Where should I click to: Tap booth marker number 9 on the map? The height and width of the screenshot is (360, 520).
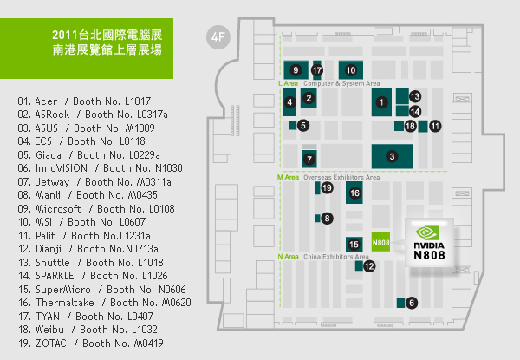(296, 69)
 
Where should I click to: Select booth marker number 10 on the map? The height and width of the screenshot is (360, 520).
(351, 69)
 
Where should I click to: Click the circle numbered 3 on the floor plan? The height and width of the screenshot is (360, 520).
(392, 156)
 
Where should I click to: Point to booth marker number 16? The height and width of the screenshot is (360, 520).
(354, 192)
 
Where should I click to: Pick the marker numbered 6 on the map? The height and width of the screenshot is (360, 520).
(411, 303)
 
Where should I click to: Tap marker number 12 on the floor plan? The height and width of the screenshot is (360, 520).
(369, 266)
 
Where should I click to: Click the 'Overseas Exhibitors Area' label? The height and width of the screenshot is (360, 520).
(341, 176)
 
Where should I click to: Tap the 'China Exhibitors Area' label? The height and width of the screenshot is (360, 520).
(335, 257)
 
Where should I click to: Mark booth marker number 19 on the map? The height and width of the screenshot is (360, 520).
(327, 187)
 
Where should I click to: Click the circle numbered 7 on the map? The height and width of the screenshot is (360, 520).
(309, 160)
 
